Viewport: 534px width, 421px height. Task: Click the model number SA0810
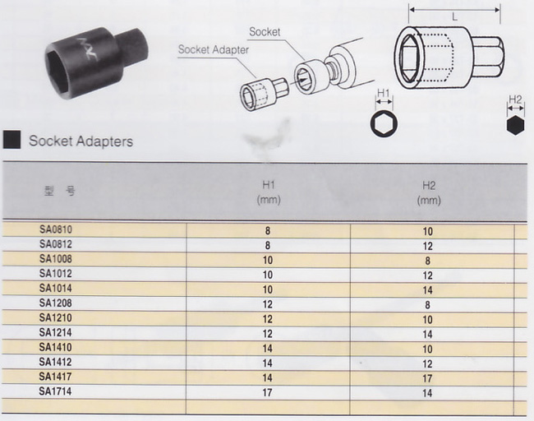(x=56, y=229)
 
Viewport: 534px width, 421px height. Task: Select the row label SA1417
(x=55, y=377)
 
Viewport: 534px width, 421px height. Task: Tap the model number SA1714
(x=55, y=391)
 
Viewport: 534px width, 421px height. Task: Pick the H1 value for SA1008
(x=268, y=261)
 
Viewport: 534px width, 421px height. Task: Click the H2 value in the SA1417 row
(x=427, y=378)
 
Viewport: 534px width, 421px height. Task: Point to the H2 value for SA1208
(x=428, y=305)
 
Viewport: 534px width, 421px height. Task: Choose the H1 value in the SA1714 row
(x=267, y=393)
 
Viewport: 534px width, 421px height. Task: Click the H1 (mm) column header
(x=269, y=192)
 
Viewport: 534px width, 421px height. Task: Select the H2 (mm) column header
(x=429, y=193)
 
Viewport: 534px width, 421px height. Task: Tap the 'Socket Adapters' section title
(x=81, y=141)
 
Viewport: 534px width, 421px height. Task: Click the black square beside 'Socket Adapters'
(x=12, y=140)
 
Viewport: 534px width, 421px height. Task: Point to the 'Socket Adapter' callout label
(x=214, y=50)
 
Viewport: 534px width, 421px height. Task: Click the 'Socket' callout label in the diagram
(x=265, y=32)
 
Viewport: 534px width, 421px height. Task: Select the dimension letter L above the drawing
(x=454, y=17)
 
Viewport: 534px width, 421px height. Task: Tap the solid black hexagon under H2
(x=515, y=125)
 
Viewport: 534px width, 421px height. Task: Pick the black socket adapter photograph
(x=97, y=62)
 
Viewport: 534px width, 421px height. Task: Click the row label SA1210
(x=56, y=317)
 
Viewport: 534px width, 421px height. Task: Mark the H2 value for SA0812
(x=428, y=246)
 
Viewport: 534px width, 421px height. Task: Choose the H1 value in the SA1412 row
(x=267, y=363)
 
